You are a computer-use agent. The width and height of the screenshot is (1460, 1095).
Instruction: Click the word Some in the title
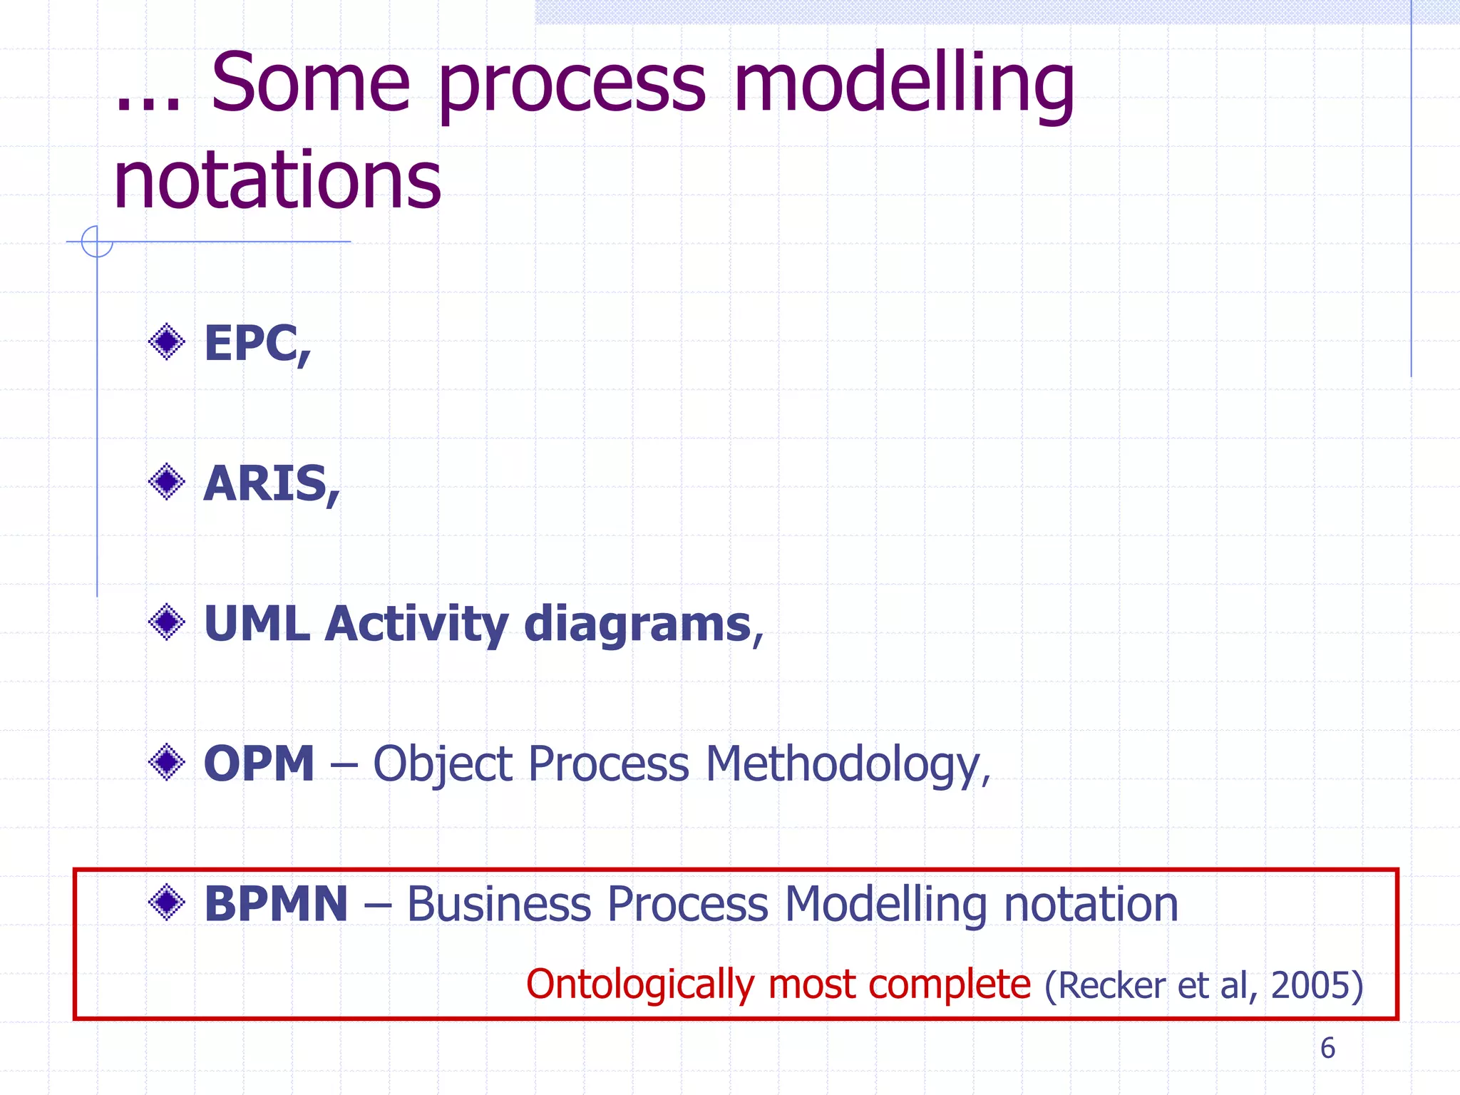(x=310, y=84)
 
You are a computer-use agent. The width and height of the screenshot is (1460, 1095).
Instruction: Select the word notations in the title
(x=277, y=181)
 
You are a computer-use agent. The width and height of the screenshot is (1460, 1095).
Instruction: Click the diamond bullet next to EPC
(x=167, y=342)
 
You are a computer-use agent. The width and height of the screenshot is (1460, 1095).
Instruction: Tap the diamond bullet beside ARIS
(x=167, y=482)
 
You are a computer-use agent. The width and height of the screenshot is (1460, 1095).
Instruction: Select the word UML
(x=257, y=624)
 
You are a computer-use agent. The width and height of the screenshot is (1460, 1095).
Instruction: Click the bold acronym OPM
(x=259, y=764)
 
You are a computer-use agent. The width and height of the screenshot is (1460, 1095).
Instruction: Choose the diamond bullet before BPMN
(x=167, y=903)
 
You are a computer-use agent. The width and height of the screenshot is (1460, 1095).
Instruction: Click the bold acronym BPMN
(x=276, y=903)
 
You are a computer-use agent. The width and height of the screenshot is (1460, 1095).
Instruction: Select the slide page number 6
(x=1327, y=1048)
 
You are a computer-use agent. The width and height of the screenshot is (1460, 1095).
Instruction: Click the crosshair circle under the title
(x=97, y=242)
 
